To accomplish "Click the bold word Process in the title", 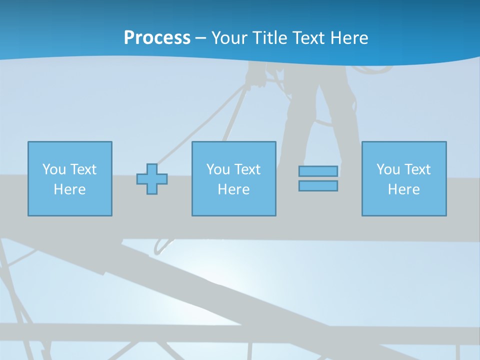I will click(x=157, y=38).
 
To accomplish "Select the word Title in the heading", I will click(x=270, y=38).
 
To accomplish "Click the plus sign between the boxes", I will click(x=152, y=179).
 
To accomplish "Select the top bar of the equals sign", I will click(x=318, y=171).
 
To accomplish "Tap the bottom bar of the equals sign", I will click(x=318, y=186).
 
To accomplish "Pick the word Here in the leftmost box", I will click(x=69, y=189).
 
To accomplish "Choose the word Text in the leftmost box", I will click(x=83, y=169).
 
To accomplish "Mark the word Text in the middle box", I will click(x=247, y=169).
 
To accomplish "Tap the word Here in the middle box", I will click(x=233, y=189).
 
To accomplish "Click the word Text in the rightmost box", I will click(x=417, y=169).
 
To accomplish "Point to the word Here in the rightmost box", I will click(x=403, y=189).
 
